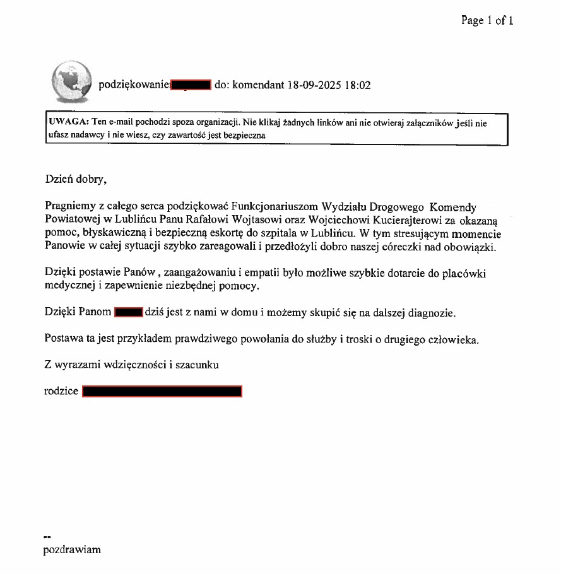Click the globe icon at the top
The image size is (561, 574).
point(71,83)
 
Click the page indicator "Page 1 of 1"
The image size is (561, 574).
point(487,21)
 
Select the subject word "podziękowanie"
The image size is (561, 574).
point(134,85)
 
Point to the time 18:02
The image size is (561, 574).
point(357,85)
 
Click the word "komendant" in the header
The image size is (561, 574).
point(259,85)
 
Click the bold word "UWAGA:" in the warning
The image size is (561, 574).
point(68,123)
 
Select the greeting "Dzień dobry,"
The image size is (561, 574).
point(76,179)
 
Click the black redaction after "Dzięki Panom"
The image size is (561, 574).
point(129,312)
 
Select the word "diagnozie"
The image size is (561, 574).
point(427,313)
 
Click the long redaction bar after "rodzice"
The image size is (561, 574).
point(162,391)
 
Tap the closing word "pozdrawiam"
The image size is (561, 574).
point(72,549)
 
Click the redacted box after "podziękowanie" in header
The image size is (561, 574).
point(191,85)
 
